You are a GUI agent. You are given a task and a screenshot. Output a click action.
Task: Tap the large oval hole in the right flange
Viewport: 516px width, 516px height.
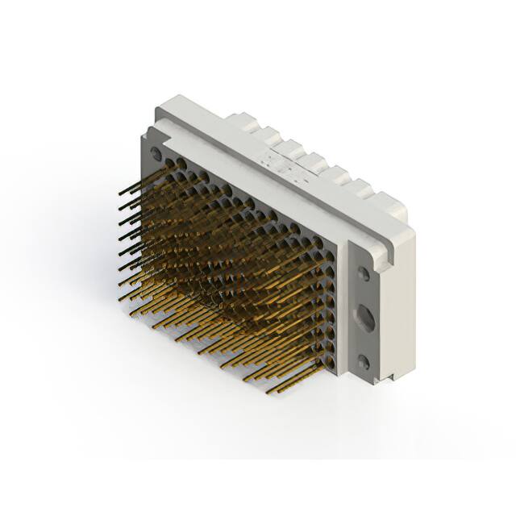coord(364,318)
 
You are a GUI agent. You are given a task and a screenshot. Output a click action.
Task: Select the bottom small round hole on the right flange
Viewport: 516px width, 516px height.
coord(364,363)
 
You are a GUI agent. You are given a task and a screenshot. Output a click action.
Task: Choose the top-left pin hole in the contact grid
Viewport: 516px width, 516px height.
coord(171,164)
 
